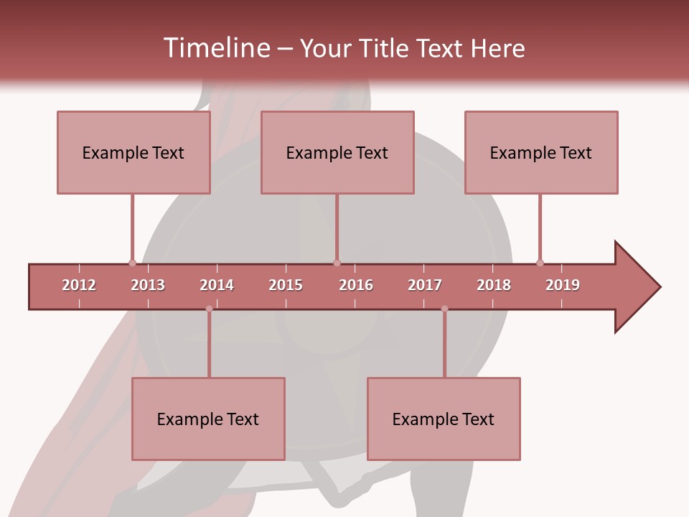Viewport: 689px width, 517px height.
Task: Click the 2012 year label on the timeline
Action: click(x=79, y=285)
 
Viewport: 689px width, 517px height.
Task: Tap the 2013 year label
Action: click(x=148, y=285)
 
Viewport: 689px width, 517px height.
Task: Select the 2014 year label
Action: click(x=217, y=285)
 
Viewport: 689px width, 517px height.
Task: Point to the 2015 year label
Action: click(x=286, y=285)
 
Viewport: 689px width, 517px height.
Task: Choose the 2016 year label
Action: click(x=356, y=285)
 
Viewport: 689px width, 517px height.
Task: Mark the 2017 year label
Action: click(x=425, y=285)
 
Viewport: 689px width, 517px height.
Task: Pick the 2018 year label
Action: click(x=494, y=285)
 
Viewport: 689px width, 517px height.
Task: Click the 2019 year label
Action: click(x=563, y=285)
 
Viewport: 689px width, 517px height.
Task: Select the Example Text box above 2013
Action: click(x=133, y=152)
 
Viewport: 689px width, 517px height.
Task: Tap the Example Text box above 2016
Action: click(x=337, y=152)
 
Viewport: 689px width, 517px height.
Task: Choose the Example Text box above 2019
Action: click(x=541, y=152)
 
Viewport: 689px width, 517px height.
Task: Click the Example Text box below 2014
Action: click(x=208, y=419)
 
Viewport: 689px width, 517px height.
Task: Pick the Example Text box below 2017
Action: click(x=444, y=419)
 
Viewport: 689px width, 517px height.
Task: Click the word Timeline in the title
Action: click(x=215, y=48)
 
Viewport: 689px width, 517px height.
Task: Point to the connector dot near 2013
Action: click(x=132, y=263)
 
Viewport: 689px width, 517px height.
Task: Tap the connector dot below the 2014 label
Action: click(x=209, y=309)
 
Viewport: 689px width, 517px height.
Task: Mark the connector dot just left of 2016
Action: click(x=337, y=263)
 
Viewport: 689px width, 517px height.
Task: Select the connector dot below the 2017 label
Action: click(x=444, y=309)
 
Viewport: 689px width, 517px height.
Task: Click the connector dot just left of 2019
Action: click(x=540, y=263)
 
